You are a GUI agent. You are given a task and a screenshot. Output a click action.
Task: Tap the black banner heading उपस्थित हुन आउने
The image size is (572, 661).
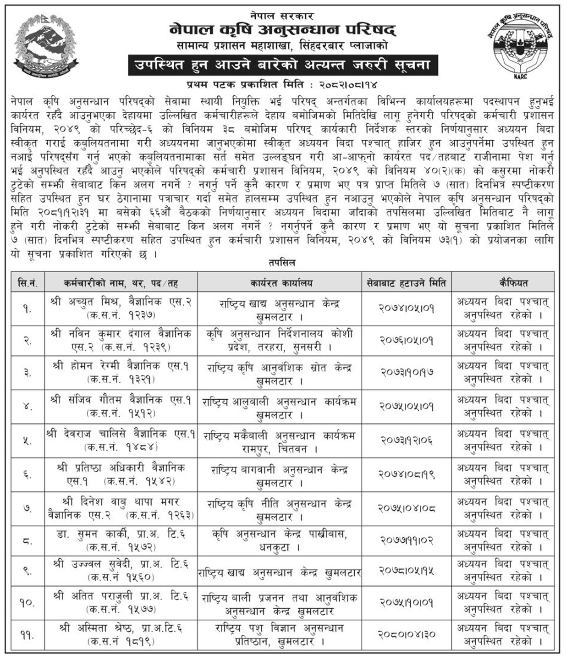point(282,65)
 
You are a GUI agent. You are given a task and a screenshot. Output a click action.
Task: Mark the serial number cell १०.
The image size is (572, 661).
point(27,602)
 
